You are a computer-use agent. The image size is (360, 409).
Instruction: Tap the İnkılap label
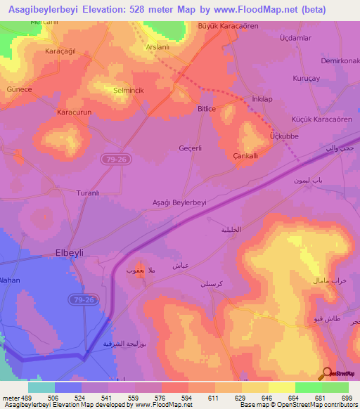(x=262, y=100)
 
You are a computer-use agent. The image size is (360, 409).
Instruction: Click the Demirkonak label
(x=340, y=61)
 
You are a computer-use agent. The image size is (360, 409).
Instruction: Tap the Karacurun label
(x=75, y=112)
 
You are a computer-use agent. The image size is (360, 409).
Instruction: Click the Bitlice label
(x=207, y=109)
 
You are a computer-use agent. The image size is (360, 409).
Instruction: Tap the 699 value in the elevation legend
(x=346, y=398)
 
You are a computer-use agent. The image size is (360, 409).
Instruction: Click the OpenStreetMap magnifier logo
(x=328, y=372)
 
